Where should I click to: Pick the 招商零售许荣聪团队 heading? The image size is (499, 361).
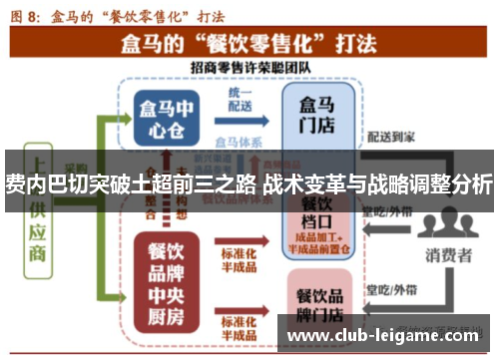click(245, 66)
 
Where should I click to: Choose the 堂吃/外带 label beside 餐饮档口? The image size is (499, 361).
click(388, 212)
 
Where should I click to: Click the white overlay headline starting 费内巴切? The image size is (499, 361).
click(249, 183)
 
